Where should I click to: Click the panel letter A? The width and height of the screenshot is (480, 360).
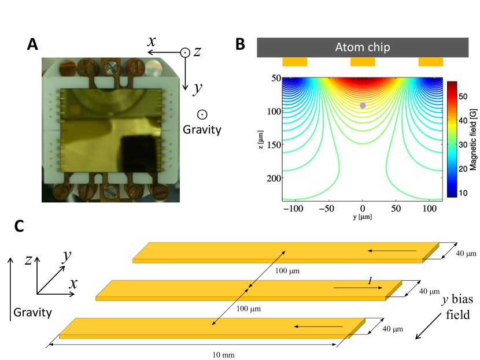click(34, 45)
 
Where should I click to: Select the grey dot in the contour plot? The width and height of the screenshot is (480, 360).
click(363, 105)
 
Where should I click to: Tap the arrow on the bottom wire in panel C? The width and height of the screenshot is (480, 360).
click(317, 327)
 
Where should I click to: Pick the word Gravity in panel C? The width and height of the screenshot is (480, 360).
click(32, 313)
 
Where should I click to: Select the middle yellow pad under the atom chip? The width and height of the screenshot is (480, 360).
click(363, 61)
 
